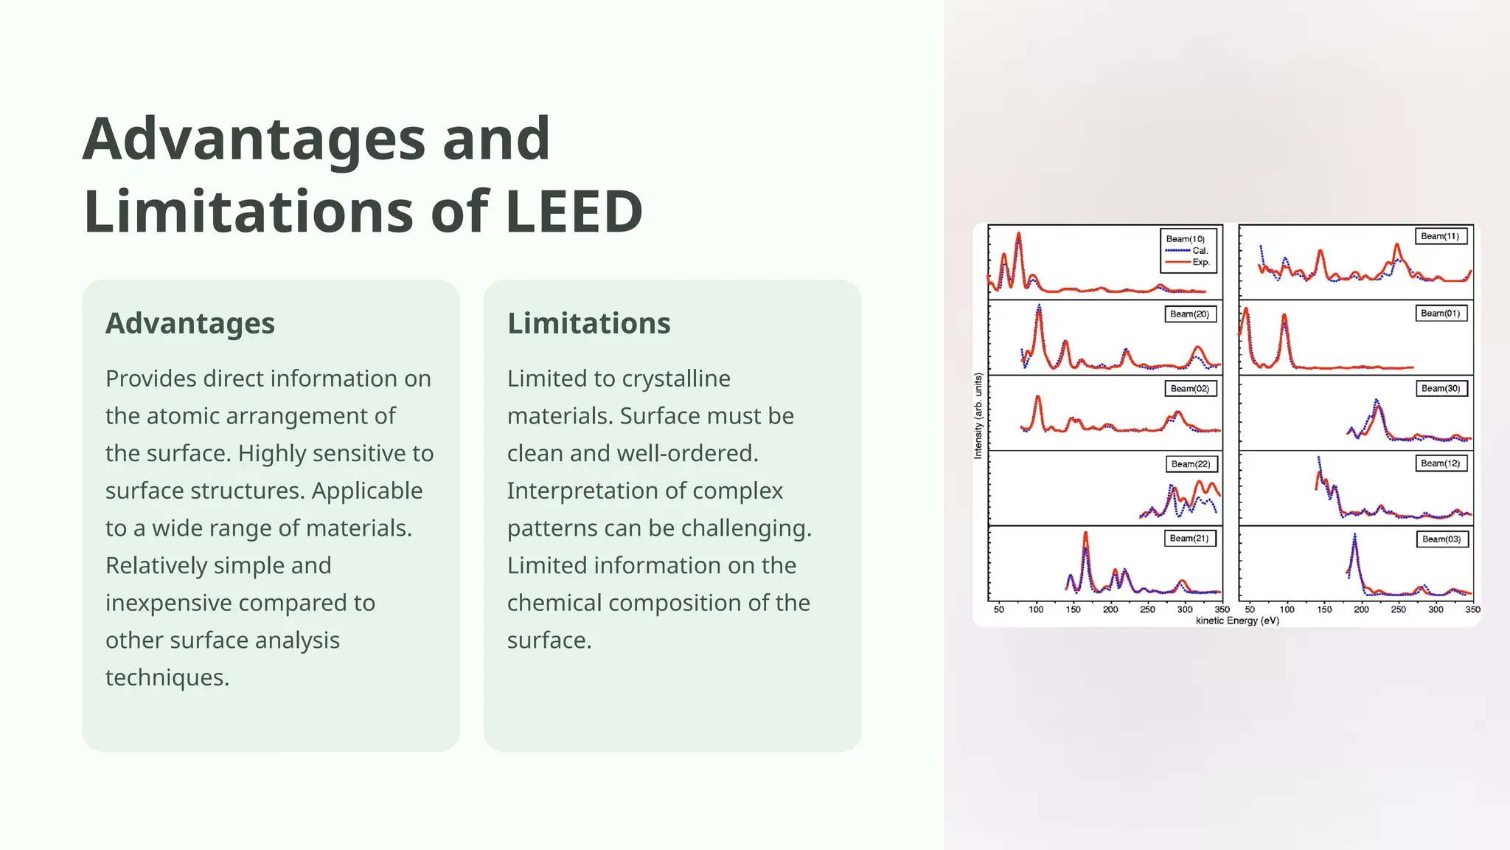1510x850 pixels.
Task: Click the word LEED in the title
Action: (x=574, y=212)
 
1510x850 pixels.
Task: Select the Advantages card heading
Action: (x=190, y=323)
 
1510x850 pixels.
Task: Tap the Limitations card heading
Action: (x=588, y=323)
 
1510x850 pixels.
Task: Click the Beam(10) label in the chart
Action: (x=1185, y=239)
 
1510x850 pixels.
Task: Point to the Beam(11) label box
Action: (x=1440, y=236)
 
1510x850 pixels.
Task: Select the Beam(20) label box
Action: (x=1189, y=314)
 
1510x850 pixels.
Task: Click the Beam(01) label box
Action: (x=1440, y=314)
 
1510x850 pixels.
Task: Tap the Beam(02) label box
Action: (x=1189, y=389)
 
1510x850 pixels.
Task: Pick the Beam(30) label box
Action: (x=1440, y=389)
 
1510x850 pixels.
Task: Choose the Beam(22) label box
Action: (x=1190, y=464)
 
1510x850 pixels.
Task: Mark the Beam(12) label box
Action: (x=1440, y=463)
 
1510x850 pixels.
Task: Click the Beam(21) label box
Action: (x=1189, y=539)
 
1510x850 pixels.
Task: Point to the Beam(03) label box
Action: (x=1441, y=539)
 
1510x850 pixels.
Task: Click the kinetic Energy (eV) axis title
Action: (x=1237, y=621)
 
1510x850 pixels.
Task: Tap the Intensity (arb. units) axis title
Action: (x=978, y=415)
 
